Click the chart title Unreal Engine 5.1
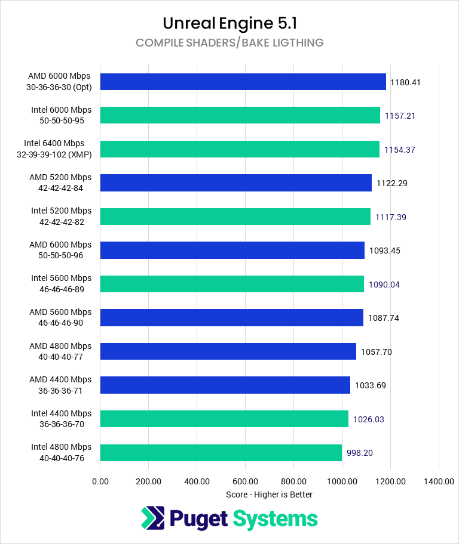229,23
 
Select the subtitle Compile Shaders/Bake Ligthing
229,43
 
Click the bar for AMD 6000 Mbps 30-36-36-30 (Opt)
243,82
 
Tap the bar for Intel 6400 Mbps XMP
240,149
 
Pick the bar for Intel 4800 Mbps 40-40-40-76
221,452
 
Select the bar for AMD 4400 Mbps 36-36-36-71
225,385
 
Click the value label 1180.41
405,82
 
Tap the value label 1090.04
384,285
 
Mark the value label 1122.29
391,183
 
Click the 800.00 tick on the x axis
293,481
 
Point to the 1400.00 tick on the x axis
439,481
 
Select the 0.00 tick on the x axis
100,481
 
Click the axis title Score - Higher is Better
269,494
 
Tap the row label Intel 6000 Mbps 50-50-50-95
62,115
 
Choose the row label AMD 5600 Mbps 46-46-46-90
60,317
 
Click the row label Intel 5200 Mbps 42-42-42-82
62,217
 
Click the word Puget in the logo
198,518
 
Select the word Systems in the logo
275,518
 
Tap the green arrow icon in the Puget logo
152,518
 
